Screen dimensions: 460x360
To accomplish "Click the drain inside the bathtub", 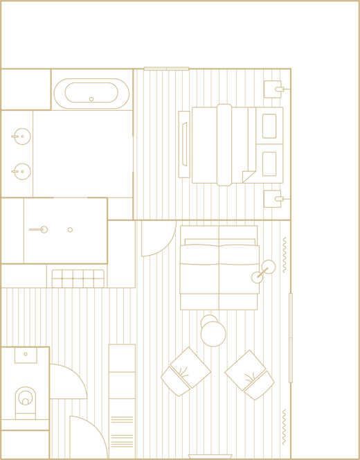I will tap(91, 99).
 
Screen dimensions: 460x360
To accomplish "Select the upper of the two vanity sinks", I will tap(22, 136).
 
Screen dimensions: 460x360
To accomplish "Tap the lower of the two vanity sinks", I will tap(22, 170).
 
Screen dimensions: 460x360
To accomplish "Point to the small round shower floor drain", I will tap(70, 229).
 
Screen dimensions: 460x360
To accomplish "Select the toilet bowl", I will tap(26, 398).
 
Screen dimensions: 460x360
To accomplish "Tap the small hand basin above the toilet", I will tap(26, 355).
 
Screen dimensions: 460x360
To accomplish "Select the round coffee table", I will tap(213, 334).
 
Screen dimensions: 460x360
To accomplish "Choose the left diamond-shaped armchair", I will tap(185, 372).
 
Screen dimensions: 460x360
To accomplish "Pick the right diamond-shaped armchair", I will tap(250, 375).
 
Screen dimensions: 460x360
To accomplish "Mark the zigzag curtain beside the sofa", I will tap(284, 254).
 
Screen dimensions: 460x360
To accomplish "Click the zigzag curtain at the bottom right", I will tap(283, 427).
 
